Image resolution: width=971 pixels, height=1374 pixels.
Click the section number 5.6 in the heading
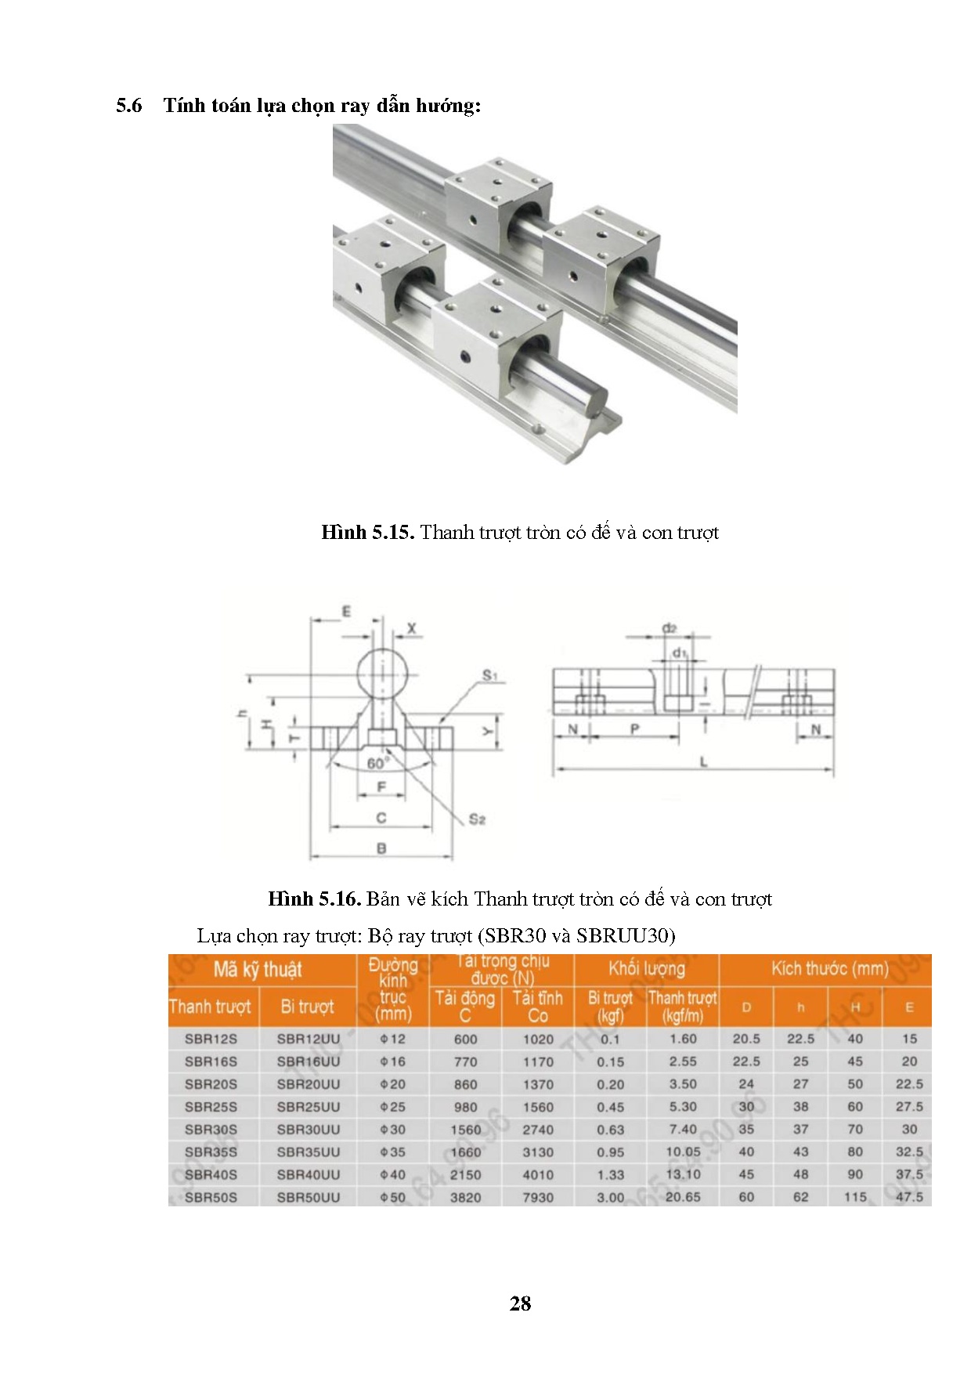click(x=129, y=106)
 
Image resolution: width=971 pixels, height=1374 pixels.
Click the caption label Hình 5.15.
click(x=366, y=533)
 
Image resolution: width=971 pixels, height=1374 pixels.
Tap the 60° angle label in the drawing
click(x=377, y=763)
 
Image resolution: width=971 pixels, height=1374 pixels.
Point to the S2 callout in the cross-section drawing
click(x=477, y=819)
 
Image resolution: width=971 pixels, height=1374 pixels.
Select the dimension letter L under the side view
click(x=703, y=761)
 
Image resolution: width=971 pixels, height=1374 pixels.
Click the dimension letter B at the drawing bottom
click(x=381, y=848)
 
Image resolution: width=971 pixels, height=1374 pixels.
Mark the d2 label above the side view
click(x=669, y=628)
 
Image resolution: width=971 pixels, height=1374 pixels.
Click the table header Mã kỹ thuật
click(x=258, y=970)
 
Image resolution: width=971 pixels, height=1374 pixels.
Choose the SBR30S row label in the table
click(x=211, y=1130)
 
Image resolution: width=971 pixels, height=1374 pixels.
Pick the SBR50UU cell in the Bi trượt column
click(x=309, y=1197)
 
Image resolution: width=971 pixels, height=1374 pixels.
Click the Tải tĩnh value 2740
click(x=538, y=1130)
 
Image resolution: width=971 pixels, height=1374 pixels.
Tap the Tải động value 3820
click(x=465, y=1197)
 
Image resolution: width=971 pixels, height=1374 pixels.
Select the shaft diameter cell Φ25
click(x=393, y=1107)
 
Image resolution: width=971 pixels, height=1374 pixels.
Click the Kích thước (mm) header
click(x=829, y=969)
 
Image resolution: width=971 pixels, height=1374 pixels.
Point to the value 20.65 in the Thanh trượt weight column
click(x=683, y=1197)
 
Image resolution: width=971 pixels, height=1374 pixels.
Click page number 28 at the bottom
click(x=520, y=1303)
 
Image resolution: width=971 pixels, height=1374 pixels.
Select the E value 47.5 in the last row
click(x=909, y=1197)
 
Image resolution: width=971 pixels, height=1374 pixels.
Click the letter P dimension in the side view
click(x=634, y=729)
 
